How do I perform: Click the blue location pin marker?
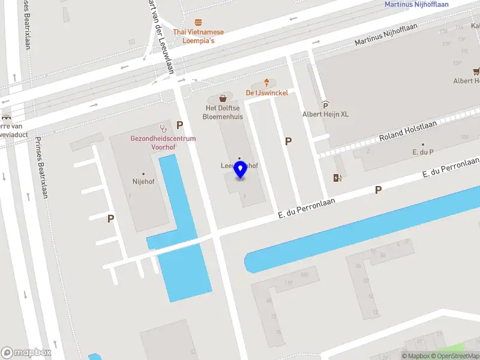pos(240,170)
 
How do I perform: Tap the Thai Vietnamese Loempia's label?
pos(198,36)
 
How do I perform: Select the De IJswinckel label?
pos(266,93)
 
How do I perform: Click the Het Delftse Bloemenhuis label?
pos(223,112)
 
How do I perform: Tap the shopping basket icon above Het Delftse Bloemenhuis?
pos(223,97)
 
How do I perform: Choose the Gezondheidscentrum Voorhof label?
pos(163,142)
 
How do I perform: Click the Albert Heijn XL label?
pos(325,114)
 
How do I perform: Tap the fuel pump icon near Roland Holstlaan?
pos(337,177)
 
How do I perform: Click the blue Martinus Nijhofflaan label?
pos(416,5)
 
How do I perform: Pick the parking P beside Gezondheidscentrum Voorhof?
pos(179,125)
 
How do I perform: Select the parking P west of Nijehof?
pos(110,219)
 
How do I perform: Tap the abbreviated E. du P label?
pos(422,153)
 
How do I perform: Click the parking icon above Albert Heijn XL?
pos(325,104)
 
